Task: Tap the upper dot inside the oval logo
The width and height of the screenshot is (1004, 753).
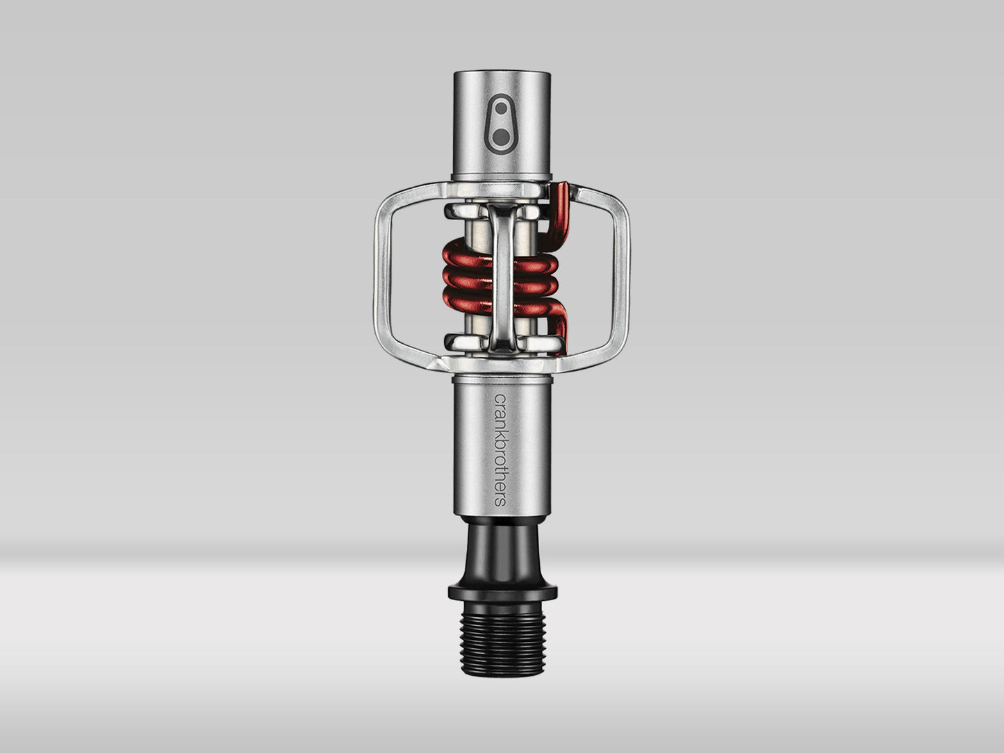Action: pos(501,108)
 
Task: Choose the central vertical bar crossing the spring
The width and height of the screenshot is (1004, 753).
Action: pos(501,278)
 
